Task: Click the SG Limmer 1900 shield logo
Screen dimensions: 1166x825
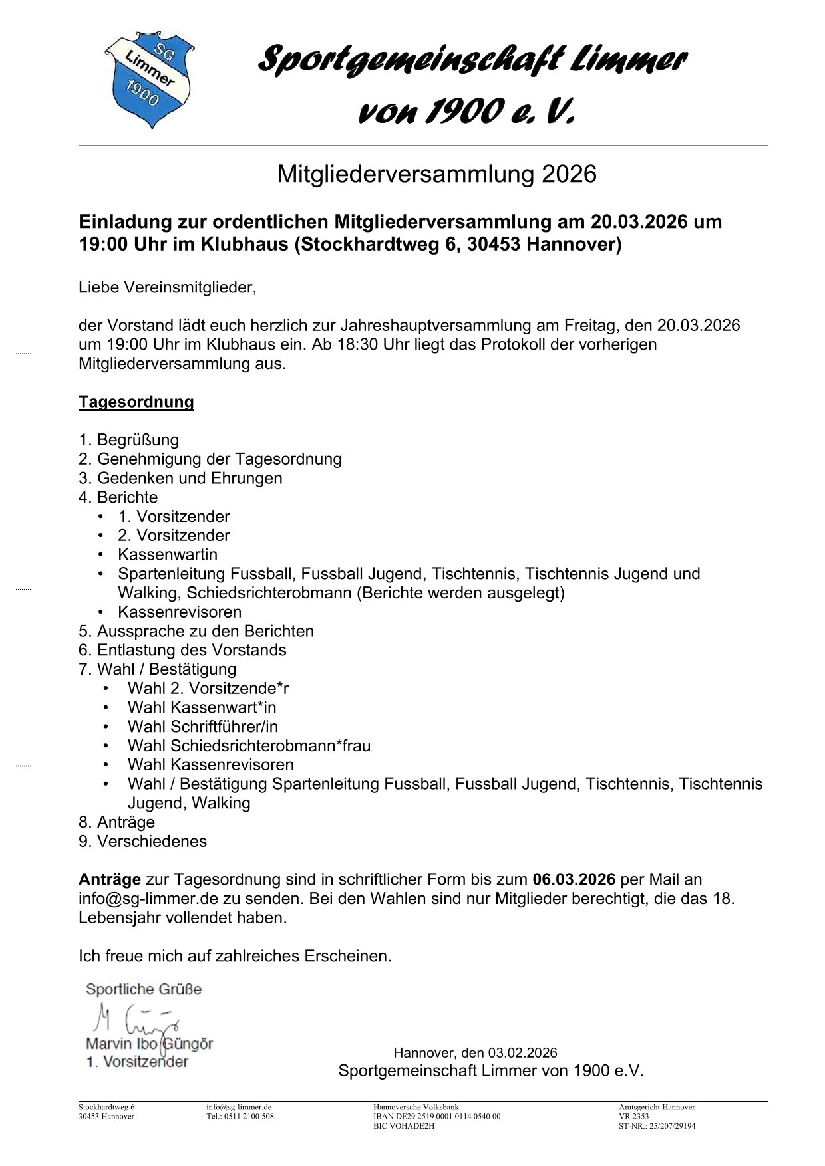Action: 149,78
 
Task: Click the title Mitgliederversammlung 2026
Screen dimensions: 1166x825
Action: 436,175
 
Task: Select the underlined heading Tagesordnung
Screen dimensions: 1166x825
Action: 136,402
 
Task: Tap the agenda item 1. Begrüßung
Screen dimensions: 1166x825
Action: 129,440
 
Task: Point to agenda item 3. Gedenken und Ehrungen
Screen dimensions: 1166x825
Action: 180,479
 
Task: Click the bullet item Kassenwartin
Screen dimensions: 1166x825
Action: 168,555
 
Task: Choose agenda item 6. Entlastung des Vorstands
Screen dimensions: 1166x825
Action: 182,651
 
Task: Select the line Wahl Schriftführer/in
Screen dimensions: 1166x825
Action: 203,727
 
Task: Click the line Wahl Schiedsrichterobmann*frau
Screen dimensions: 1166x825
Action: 249,747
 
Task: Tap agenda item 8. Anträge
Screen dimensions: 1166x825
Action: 117,823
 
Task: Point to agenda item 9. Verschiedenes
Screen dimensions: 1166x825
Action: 142,842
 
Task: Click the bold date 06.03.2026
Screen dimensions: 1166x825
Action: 574,880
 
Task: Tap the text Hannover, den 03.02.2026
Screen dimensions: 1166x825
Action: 475,1053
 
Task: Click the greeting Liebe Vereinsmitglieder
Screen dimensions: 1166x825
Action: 167,288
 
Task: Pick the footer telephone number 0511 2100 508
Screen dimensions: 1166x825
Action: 250,1117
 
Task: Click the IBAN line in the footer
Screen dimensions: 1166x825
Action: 436,1117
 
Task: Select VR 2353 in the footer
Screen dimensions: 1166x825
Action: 633,1117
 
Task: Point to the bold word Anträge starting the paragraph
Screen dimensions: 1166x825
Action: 110,880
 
